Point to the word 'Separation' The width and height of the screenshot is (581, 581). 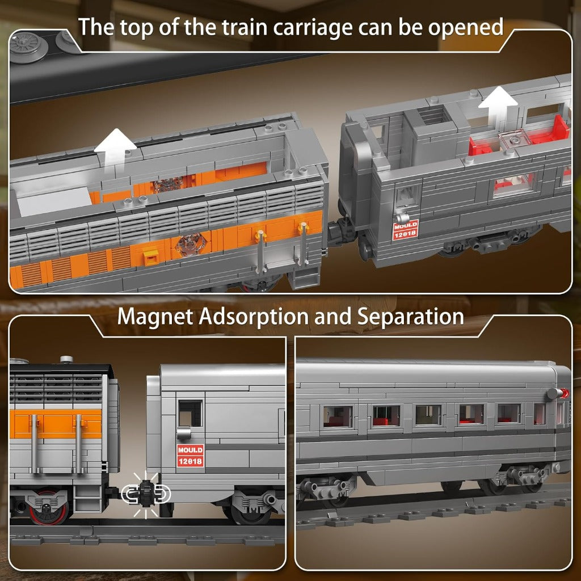pos(410,317)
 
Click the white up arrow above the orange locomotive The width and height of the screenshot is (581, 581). pos(115,149)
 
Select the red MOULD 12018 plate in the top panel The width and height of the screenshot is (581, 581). pos(405,230)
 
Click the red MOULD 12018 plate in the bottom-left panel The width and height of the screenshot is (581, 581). pos(190,456)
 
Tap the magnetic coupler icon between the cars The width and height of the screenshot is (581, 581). pos(146,494)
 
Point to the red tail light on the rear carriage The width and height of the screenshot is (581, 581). pos(565,393)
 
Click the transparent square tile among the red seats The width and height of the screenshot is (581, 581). pos(513,140)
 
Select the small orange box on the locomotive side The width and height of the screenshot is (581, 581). pos(151,257)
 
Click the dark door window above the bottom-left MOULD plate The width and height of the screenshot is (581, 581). pos(190,413)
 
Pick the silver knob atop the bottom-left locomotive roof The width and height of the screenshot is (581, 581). pos(66,359)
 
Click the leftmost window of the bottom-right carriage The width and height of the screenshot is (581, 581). pos(338,416)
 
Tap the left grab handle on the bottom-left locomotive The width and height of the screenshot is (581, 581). pos(35,444)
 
